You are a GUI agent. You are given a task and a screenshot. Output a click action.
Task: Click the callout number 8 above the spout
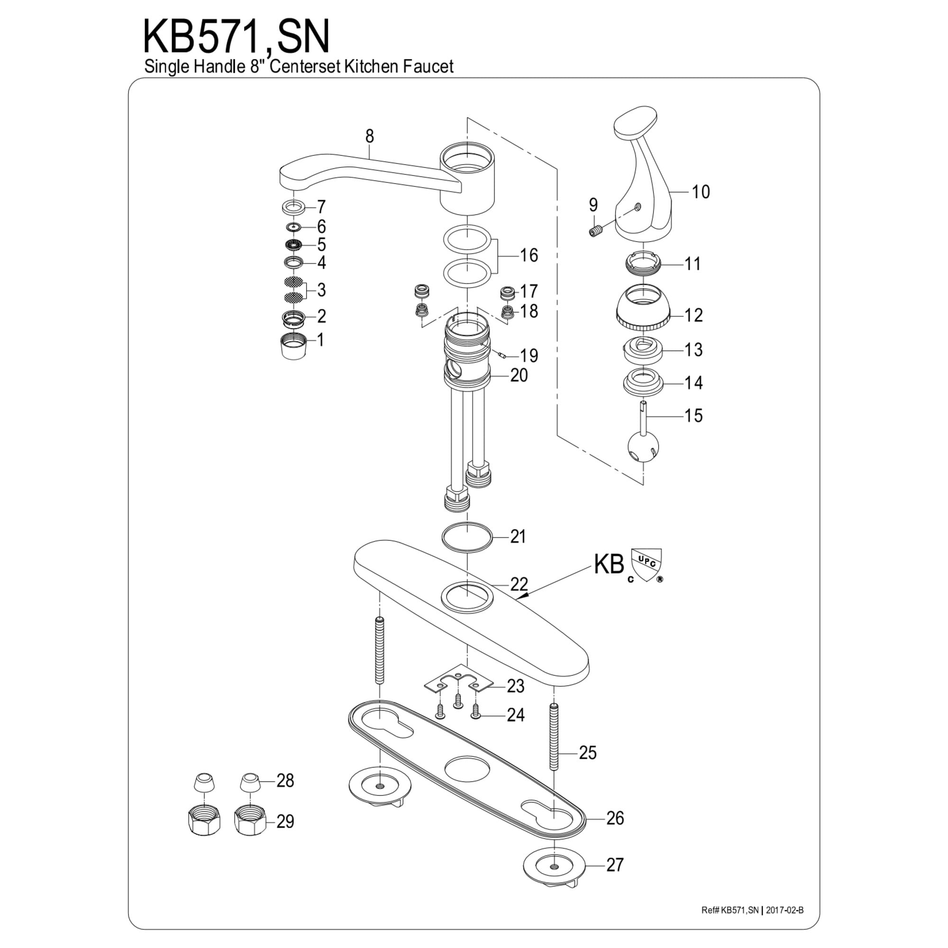pos(370,136)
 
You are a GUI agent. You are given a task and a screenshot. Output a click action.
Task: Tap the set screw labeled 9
pos(595,230)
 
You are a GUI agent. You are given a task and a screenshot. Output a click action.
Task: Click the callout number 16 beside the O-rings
pos(529,255)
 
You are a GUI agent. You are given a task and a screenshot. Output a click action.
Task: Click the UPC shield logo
pos(646,564)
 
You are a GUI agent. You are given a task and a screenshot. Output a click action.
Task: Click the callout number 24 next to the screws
pos(515,715)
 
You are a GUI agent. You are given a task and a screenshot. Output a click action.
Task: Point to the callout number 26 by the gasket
pos(615,818)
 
